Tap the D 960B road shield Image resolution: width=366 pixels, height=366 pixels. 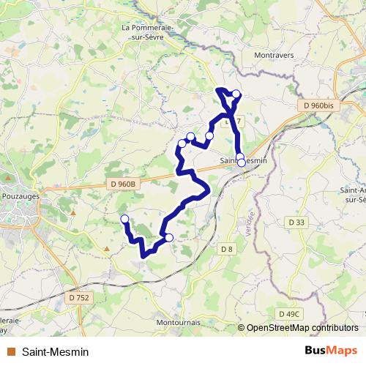tap(122, 184)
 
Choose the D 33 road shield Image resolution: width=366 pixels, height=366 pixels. tap(296, 222)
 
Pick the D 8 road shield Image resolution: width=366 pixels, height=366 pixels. tap(227, 250)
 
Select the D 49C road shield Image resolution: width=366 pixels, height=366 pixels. tap(289, 314)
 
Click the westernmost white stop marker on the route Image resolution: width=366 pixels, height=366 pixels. tap(124, 219)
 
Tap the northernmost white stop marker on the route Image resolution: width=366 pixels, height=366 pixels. tap(236, 94)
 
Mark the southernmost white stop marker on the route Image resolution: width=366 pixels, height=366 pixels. tap(169, 237)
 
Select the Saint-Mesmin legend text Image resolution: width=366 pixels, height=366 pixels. tap(56, 352)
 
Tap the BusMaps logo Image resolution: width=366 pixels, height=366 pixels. tap(332, 351)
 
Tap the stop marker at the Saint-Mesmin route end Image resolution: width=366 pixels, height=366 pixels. tap(242, 163)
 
